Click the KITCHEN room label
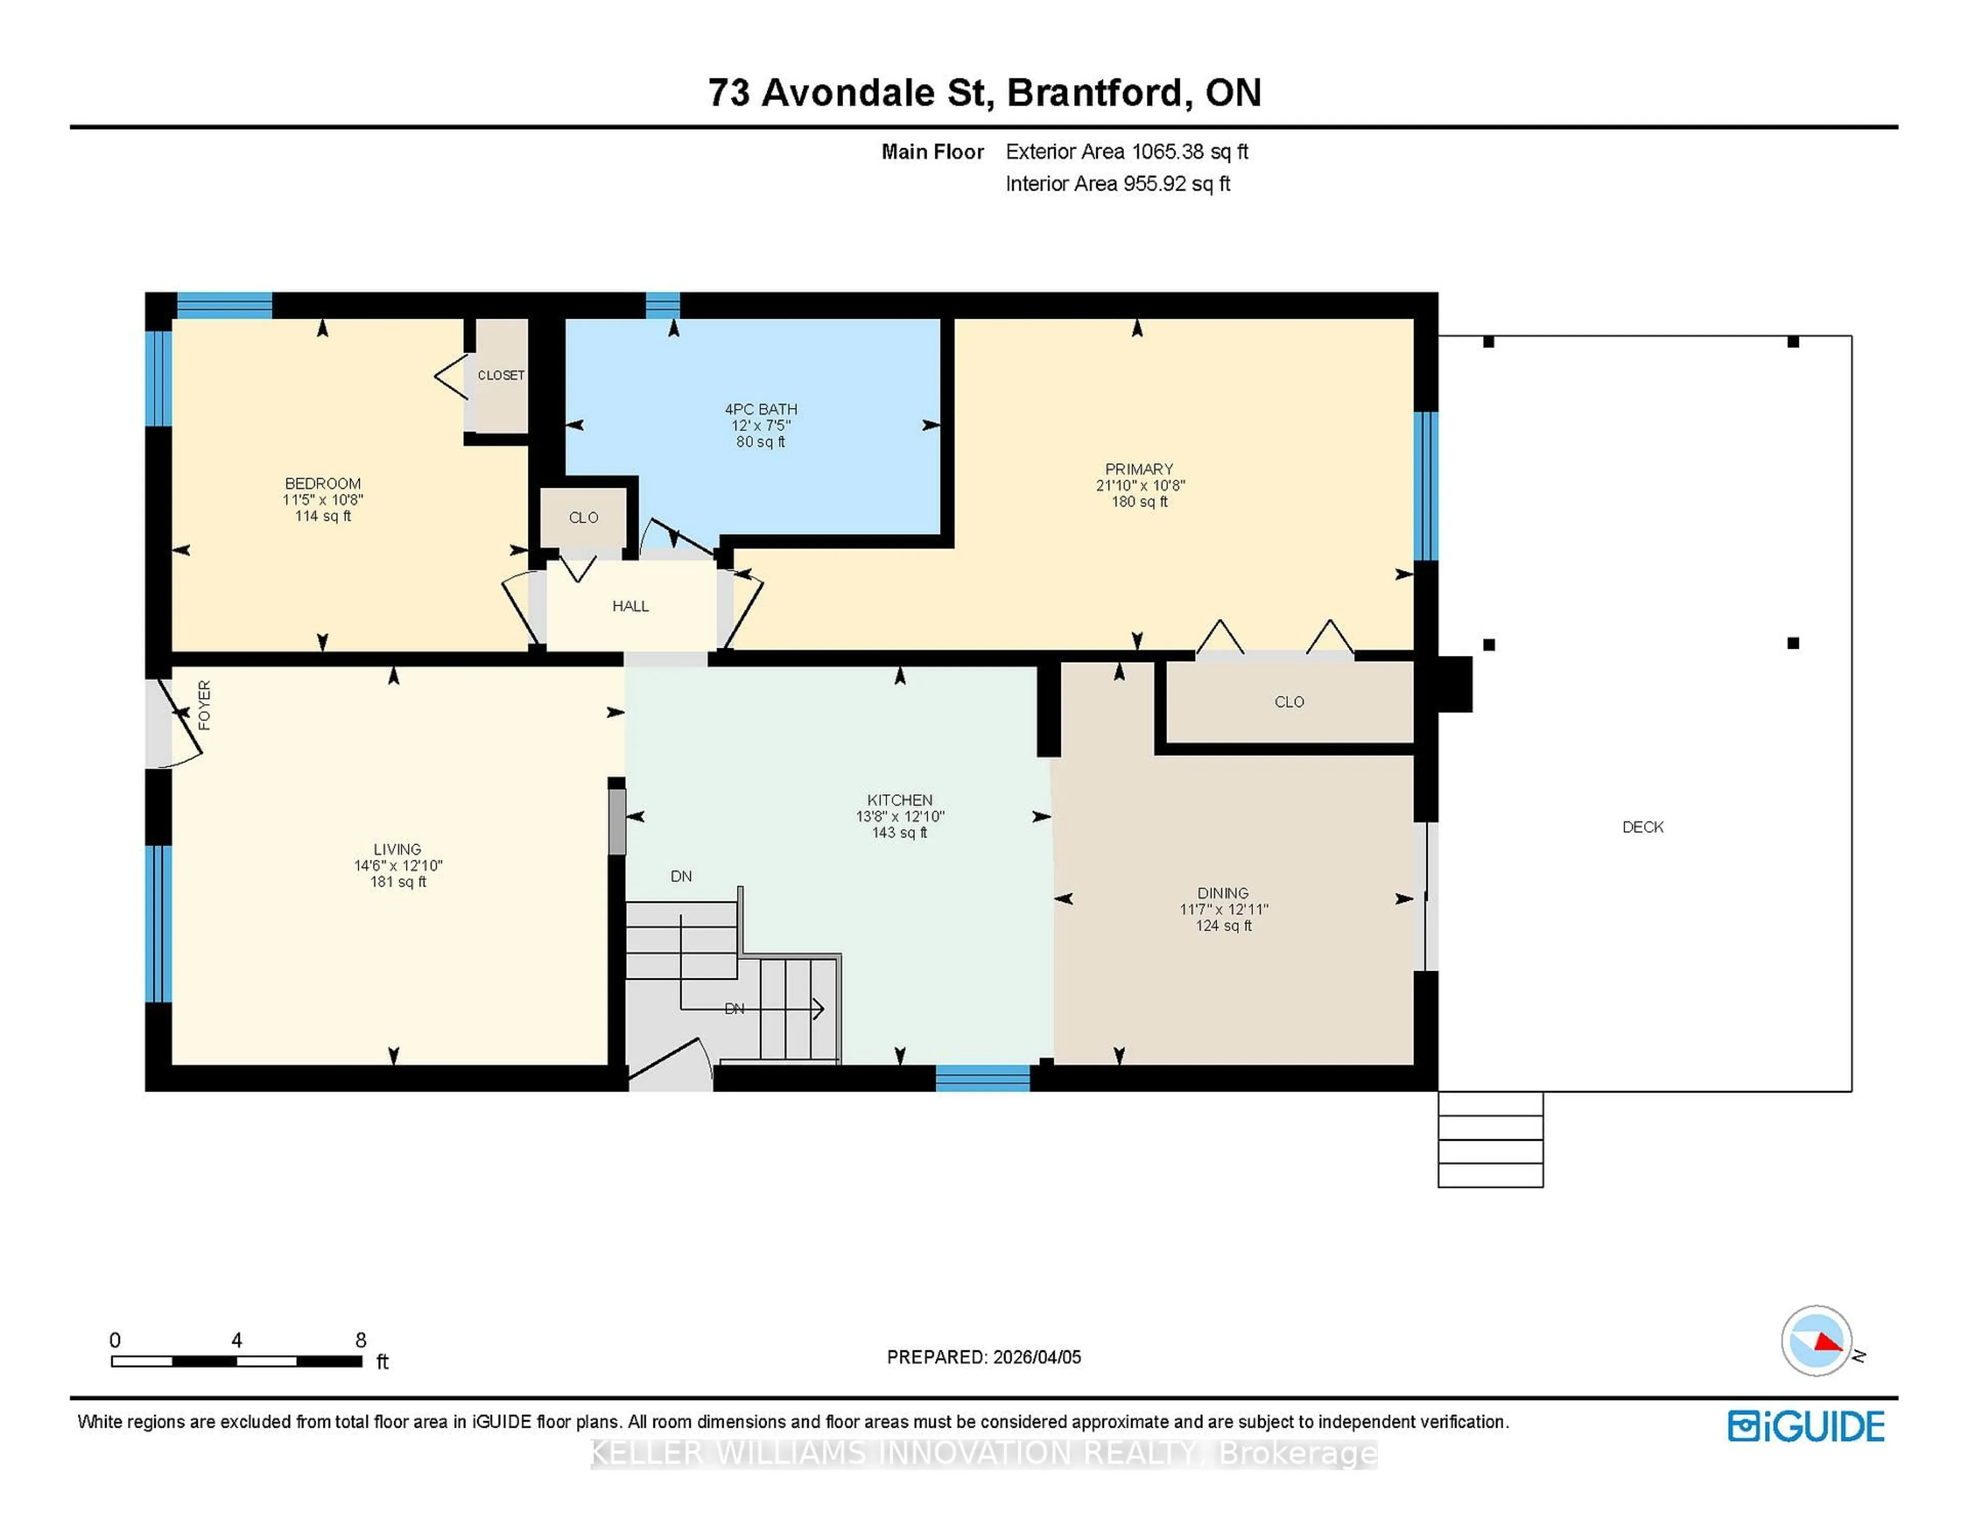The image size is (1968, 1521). pos(899,800)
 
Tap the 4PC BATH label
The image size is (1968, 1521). pos(761,409)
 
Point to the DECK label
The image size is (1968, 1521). pos(1642,827)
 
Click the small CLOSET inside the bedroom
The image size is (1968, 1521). pos(500,375)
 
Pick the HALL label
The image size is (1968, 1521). pos(630,606)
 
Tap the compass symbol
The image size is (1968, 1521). pos(1816,1341)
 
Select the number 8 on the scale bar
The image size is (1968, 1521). pos(360,1340)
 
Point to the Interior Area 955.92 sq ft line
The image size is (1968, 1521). pos(1117,184)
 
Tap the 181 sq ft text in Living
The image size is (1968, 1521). pos(397,882)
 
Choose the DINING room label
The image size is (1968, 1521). pos(1223,893)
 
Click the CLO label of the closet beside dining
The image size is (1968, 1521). pos(1288,702)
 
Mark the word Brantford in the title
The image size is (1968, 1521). pos(1094,93)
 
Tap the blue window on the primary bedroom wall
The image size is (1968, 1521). pos(1426,486)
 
